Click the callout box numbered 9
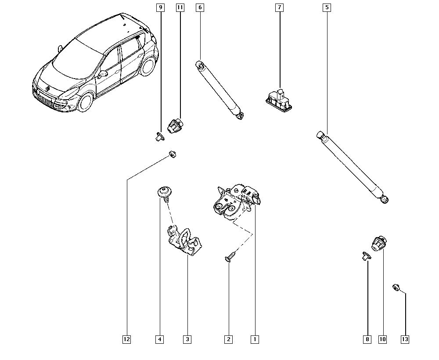click(x=160, y=7)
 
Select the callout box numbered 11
click(x=180, y=7)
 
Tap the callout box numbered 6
click(x=200, y=7)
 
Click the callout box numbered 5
click(x=326, y=7)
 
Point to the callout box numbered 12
click(x=126, y=339)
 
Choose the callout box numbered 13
click(x=405, y=339)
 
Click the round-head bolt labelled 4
click(x=164, y=193)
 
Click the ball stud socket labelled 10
click(x=378, y=243)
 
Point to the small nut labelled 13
click(x=396, y=288)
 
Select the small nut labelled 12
click(x=173, y=155)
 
